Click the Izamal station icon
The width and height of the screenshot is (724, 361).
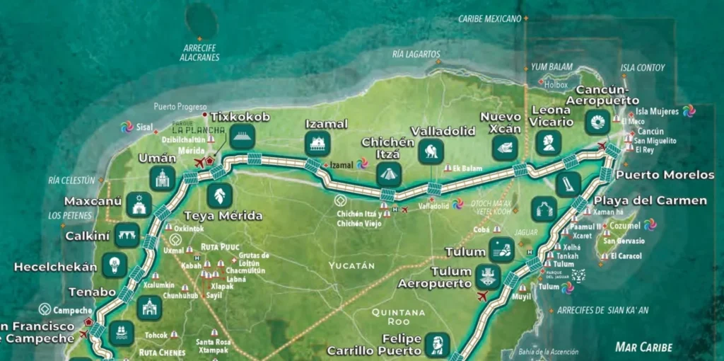point(317,144)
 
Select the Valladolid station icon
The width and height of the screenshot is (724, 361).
point(431,151)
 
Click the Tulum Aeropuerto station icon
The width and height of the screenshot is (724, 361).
point(487,277)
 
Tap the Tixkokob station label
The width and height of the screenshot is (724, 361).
point(240,117)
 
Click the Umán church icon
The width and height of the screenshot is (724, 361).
point(163,178)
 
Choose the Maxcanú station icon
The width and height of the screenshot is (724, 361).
point(139,205)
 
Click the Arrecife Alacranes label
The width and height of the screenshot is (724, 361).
point(201,53)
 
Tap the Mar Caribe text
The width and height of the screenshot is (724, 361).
point(643,347)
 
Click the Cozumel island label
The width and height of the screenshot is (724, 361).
point(625,225)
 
